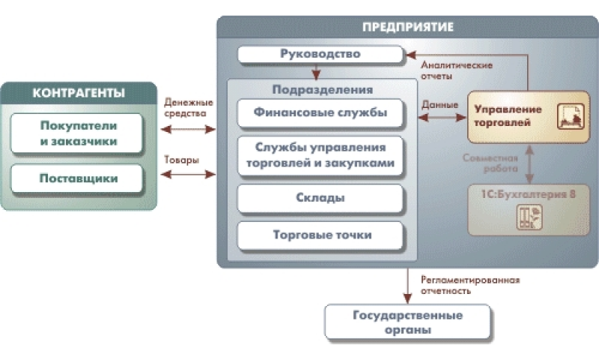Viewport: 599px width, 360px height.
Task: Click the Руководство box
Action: point(320,55)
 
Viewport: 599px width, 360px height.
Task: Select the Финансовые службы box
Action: point(320,114)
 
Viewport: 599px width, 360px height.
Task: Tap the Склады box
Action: point(320,198)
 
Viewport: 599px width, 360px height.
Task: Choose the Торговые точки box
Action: point(320,235)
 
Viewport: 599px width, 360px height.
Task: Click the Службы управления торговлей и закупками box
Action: point(320,154)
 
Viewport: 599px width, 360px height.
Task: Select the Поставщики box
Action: point(78,179)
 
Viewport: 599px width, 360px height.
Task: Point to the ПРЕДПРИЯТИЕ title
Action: point(408,27)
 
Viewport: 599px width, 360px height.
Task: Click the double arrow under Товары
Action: point(187,175)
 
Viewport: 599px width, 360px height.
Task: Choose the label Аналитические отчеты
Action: point(457,70)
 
